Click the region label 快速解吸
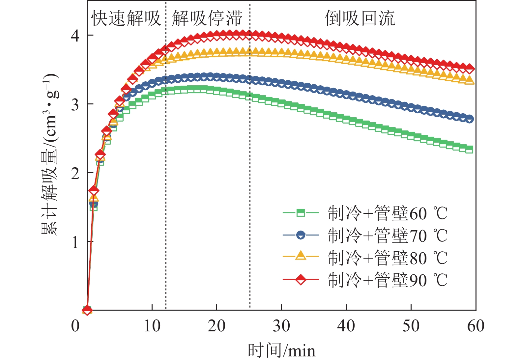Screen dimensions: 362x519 pyautogui.click(x=126, y=18)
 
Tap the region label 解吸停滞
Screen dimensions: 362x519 pyautogui.click(x=207, y=18)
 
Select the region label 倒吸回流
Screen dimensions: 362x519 pyautogui.click(x=360, y=18)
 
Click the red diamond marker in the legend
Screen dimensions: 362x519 pyautogui.click(x=301, y=280)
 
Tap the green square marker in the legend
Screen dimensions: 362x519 pyautogui.click(x=301, y=213)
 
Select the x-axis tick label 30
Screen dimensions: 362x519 pyautogui.click(x=281, y=326)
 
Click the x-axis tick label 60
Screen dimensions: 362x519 pyautogui.click(x=476, y=326)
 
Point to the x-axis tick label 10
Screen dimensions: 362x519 pyautogui.click(x=152, y=326)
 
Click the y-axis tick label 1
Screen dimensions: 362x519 pyautogui.click(x=75, y=242)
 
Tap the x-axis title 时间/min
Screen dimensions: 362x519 pyautogui.click(x=281, y=350)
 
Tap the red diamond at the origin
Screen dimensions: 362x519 pyautogui.click(x=87, y=310)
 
